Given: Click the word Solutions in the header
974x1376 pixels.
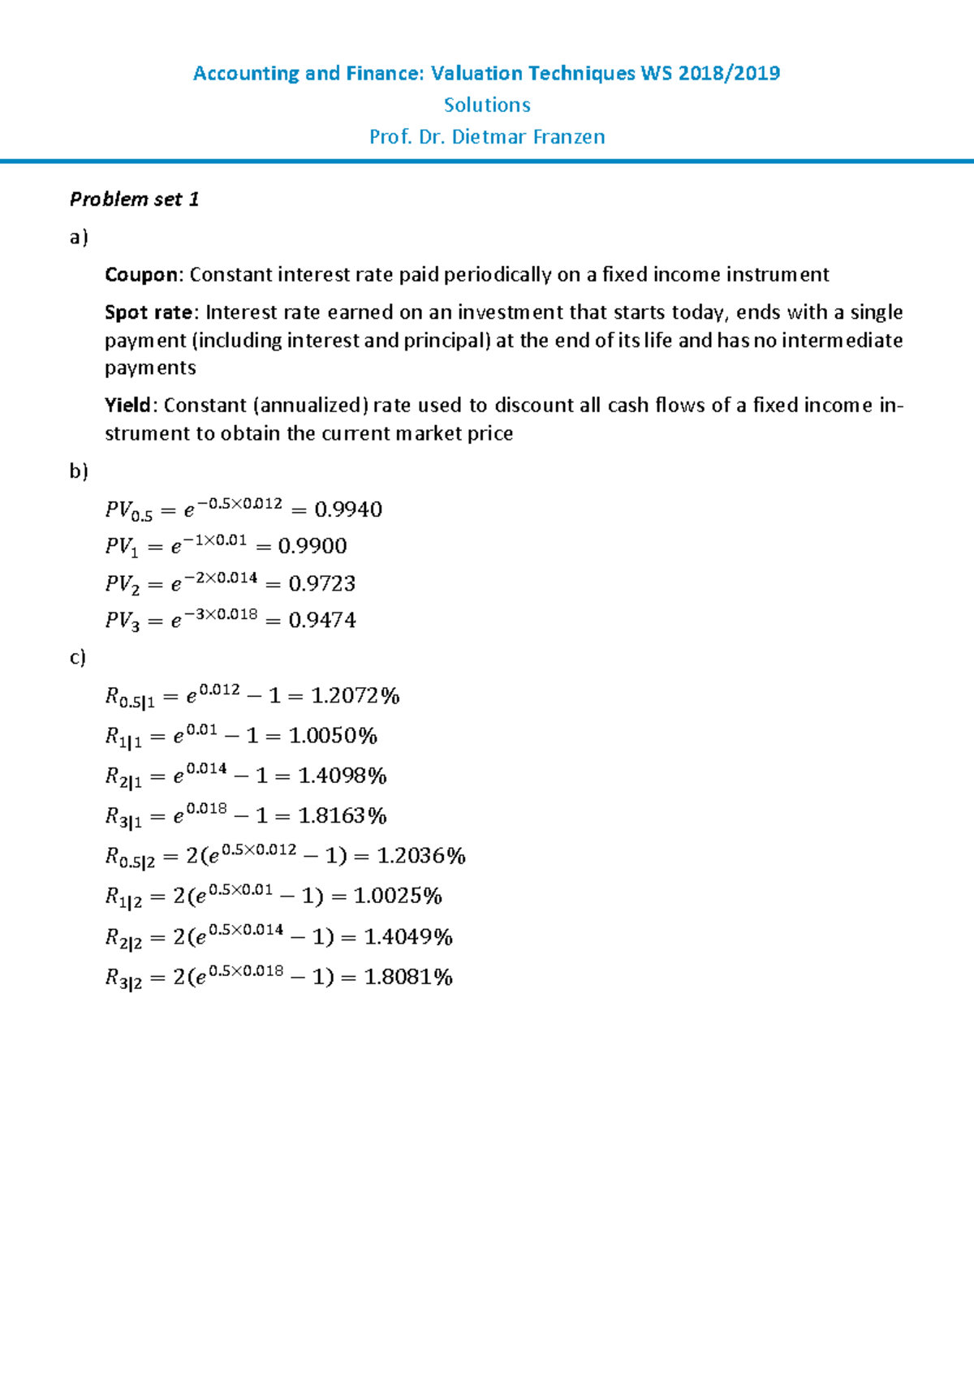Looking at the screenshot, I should [487, 105].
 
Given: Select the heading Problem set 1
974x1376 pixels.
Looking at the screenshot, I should [134, 200].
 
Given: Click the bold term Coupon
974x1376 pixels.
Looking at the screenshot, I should [140, 275].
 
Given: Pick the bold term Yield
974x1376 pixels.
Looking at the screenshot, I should [127, 406].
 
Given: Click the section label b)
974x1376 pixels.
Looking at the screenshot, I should [79, 471].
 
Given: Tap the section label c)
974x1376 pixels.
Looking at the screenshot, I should [78, 657].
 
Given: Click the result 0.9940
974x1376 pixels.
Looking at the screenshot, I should [348, 510].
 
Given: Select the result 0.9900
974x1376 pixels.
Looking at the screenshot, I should [312, 546].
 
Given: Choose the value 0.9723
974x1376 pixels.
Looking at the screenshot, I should [322, 583].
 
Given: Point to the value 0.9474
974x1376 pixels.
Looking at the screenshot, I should [322, 621].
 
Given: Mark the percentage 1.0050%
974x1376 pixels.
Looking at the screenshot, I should [333, 736].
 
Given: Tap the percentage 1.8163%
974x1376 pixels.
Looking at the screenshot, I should [343, 816].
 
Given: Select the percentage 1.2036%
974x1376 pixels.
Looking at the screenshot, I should [421, 856].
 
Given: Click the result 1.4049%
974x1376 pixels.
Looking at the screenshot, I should [408, 937].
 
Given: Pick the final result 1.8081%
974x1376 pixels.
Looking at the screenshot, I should [408, 977].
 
